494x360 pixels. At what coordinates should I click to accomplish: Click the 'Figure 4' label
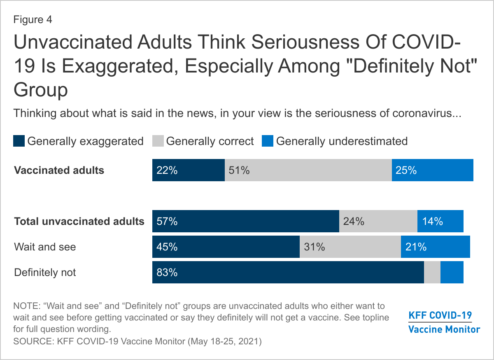coord(33,19)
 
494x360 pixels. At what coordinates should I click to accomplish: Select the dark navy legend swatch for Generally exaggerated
coord(19,141)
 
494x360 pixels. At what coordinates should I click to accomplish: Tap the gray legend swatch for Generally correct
coord(158,141)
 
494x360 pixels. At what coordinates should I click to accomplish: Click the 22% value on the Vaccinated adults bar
coord(167,170)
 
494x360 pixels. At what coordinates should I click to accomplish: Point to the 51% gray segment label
coord(239,170)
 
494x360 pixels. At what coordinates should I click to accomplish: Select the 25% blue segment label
coord(406,170)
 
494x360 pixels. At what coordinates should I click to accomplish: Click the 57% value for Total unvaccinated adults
coord(167,221)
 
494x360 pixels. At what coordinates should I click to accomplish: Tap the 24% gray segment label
coord(354,221)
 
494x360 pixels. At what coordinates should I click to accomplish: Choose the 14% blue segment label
coord(432,221)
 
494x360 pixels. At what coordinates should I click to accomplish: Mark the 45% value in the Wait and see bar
coord(167,247)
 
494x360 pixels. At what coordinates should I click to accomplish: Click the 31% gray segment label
coord(315,247)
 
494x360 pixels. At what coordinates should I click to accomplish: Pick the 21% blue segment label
coord(416,247)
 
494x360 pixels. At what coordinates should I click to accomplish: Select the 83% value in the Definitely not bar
coord(167,272)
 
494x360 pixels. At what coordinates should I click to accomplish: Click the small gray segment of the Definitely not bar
coord(432,272)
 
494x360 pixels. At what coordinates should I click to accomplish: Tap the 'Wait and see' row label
coord(45,247)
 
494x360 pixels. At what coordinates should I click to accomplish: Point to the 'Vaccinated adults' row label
coord(59,170)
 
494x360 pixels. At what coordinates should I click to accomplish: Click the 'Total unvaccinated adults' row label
coord(79,221)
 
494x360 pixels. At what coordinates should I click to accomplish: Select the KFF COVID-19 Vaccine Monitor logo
coord(444,323)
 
